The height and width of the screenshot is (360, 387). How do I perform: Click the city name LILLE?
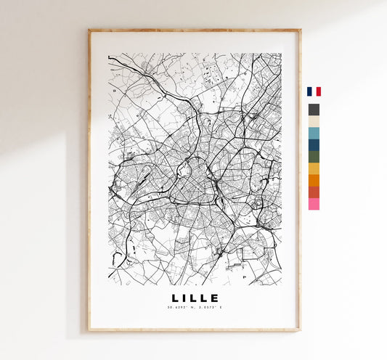point(195,298)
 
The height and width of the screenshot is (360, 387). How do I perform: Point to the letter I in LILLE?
point(185,298)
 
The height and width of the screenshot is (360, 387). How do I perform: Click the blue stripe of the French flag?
point(309,91)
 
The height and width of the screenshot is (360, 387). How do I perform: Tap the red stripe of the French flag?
point(318,91)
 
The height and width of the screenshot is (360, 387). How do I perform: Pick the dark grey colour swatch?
point(314,110)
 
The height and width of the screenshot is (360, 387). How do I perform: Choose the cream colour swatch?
point(314,121)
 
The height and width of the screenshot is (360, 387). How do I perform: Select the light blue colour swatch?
point(314,134)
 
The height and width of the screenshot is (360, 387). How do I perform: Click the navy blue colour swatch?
point(314,145)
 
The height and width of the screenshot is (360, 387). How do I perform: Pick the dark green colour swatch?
point(314,157)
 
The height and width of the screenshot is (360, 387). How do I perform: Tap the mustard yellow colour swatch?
point(314,168)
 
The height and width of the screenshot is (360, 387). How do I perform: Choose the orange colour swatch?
point(314,180)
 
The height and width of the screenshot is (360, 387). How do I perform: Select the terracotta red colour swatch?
point(314,192)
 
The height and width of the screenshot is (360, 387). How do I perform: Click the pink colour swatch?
point(314,204)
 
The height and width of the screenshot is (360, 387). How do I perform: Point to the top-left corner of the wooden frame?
point(89,30)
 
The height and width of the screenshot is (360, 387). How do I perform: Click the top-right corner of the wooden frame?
point(300,30)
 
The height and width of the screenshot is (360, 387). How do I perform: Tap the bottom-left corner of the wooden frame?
point(89,330)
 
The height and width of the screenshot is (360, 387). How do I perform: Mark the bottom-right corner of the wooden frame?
point(300,330)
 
